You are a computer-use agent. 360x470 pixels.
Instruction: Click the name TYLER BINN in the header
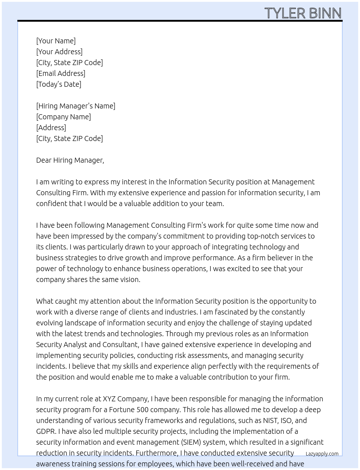303,13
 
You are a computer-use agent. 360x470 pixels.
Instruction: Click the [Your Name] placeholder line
56,41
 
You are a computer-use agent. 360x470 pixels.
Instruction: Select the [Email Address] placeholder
61,73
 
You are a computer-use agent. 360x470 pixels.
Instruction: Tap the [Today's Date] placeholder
59,84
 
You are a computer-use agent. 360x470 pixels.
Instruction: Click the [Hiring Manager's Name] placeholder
76,106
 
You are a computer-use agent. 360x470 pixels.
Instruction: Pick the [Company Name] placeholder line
63,117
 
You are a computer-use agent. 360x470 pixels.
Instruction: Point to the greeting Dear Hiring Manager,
70,160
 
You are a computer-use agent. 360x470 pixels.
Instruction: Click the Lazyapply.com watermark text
322,454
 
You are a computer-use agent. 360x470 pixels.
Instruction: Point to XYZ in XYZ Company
109,399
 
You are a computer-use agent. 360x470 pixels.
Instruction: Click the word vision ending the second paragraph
129,279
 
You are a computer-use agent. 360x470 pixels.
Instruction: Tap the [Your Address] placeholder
59,52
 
